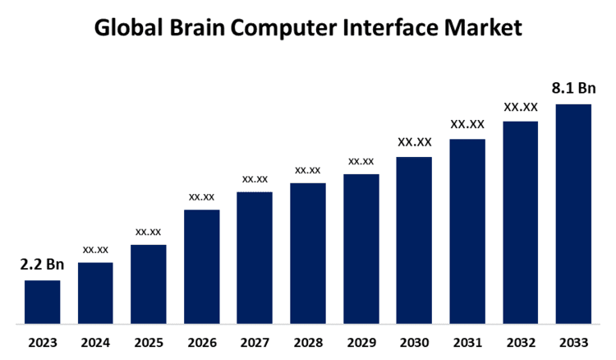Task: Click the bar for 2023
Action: (x=42, y=302)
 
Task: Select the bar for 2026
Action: (x=201, y=266)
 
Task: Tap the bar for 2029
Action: (x=361, y=248)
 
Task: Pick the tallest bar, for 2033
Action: (x=573, y=214)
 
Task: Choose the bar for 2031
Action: (x=467, y=231)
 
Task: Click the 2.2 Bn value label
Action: (x=42, y=265)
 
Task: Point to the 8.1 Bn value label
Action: (x=574, y=88)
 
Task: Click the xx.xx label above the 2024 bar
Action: (x=95, y=249)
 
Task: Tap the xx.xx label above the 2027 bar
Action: (x=255, y=178)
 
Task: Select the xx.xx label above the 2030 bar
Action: (x=414, y=142)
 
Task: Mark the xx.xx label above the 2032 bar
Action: (x=521, y=107)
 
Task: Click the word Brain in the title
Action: (x=193, y=28)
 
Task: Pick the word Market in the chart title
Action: (x=482, y=28)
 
